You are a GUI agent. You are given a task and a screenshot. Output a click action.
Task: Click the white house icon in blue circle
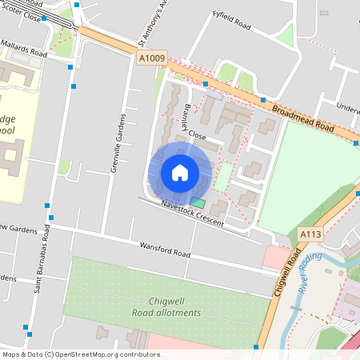[x=180, y=173]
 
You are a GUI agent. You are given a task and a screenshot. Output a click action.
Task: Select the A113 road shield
[x=311, y=234]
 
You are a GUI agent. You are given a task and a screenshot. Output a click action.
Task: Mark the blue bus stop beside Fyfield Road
[x=206, y=83]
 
